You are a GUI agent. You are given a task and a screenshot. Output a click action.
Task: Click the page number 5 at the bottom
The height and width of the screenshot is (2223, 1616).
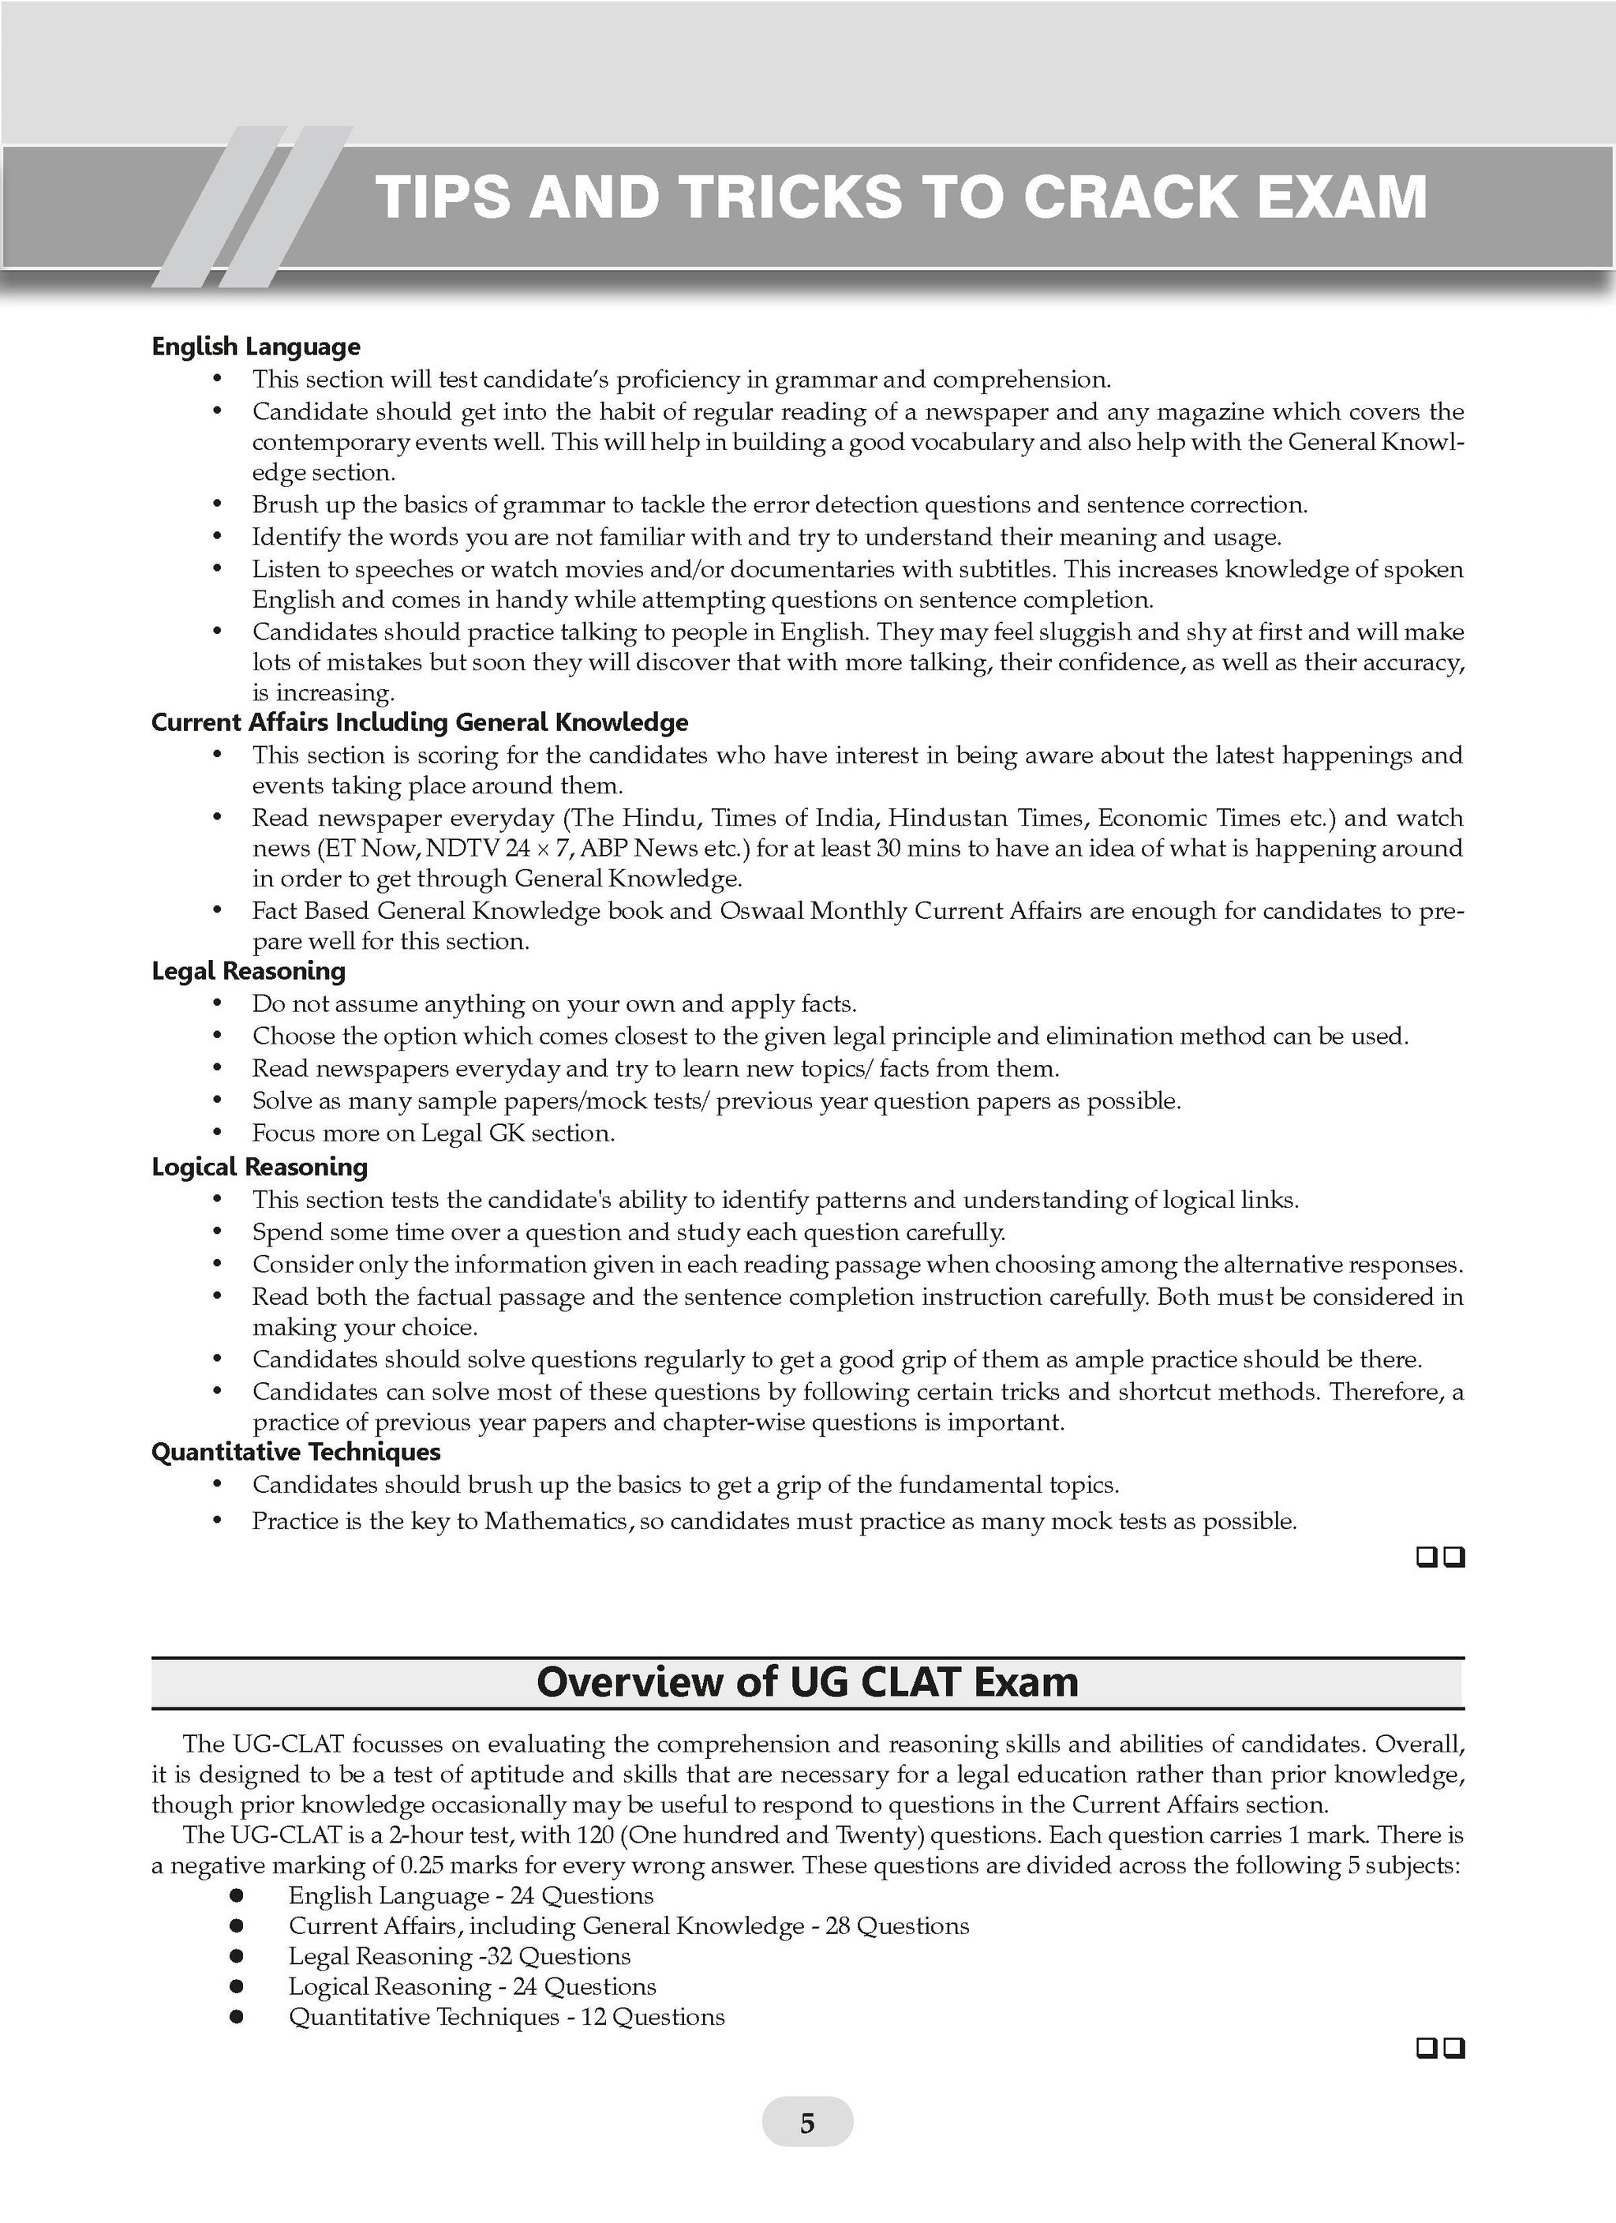click(x=806, y=2123)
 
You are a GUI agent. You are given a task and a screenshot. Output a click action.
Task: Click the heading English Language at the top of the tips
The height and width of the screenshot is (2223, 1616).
click(x=256, y=346)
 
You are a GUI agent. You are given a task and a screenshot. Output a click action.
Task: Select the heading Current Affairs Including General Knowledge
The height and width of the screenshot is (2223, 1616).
click(x=420, y=722)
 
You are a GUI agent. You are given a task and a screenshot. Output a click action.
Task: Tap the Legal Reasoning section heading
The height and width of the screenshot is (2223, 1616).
click(x=248, y=970)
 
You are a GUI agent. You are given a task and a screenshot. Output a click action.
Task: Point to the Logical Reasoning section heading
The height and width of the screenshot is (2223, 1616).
click(x=260, y=1167)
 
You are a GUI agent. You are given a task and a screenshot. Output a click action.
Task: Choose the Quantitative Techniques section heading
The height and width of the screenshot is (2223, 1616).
click(x=296, y=1452)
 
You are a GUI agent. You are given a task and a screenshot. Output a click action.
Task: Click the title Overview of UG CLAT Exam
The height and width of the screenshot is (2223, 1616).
click(x=807, y=1682)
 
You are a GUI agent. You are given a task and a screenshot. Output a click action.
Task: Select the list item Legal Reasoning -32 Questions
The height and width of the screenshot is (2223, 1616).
click(x=458, y=1956)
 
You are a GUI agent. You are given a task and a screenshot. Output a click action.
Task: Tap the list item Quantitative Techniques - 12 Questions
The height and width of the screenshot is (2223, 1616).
click(x=506, y=2017)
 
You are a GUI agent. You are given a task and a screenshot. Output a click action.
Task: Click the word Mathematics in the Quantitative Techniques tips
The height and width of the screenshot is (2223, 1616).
click(x=559, y=1521)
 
